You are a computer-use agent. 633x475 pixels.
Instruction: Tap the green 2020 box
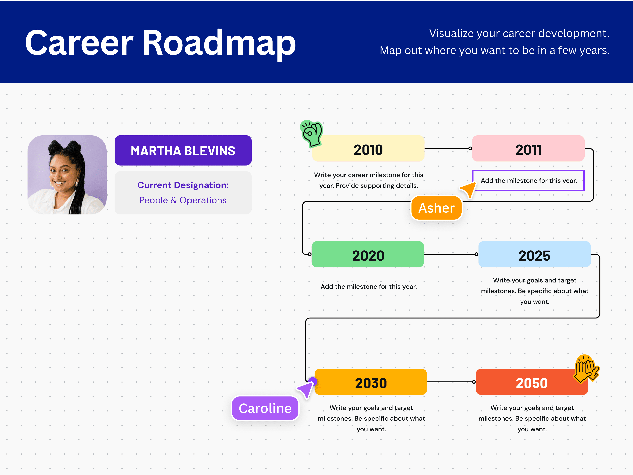point(368,254)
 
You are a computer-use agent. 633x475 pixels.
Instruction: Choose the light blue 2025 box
point(534,254)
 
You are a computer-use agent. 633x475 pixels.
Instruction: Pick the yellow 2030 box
point(371,382)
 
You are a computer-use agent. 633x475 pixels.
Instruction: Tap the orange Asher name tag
point(436,208)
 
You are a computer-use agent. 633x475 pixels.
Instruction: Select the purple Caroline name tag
point(265,408)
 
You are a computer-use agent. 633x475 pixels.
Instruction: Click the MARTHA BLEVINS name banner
point(183,151)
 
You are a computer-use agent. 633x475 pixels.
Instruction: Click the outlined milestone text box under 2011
point(528,180)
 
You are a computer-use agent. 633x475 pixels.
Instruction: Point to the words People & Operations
point(183,200)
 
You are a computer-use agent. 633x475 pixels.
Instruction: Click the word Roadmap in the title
point(219,43)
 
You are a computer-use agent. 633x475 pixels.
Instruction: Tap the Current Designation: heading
point(183,185)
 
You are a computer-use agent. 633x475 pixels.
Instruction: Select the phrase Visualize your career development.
point(519,33)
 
